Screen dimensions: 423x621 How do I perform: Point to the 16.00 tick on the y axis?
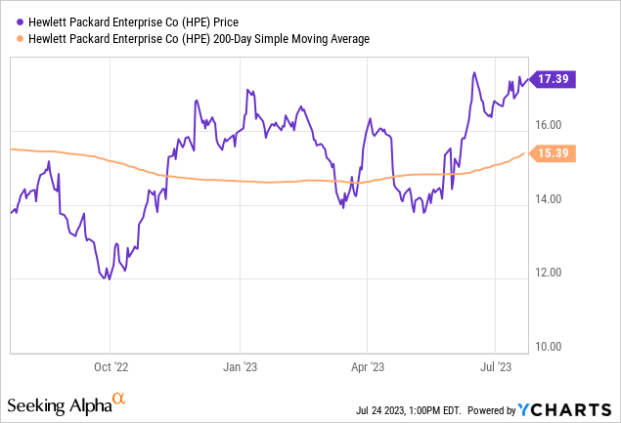[x=548, y=125]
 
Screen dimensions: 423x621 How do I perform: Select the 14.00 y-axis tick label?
[x=548, y=199]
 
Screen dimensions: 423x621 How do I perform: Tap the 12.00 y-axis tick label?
[x=548, y=273]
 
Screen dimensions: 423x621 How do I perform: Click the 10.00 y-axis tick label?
[x=548, y=347]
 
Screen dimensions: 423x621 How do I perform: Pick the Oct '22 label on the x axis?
[x=110, y=368]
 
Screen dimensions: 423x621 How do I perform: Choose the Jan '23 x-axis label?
[x=241, y=368]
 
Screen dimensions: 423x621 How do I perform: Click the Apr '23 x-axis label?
[x=367, y=368]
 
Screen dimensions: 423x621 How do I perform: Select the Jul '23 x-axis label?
[x=496, y=368]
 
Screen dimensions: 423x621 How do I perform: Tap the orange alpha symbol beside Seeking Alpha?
[x=118, y=401]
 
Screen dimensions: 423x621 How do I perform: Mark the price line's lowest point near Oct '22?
[x=109, y=279]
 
